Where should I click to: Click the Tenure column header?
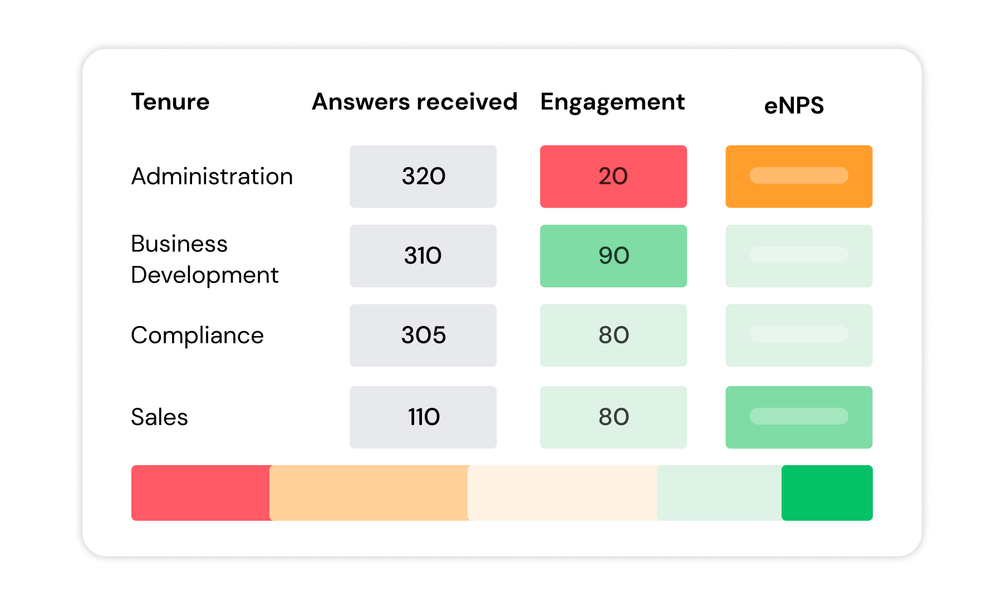coord(170,102)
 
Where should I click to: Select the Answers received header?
coord(415,102)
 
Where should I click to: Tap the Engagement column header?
coord(612,102)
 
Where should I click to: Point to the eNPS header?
coord(794,105)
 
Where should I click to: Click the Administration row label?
coord(212,176)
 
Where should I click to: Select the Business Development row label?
coord(204,259)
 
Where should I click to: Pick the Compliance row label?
coord(197,335)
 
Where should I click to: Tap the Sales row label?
coord(159,417)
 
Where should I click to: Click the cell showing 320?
coord(423,176)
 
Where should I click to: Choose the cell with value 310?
coord(423,256)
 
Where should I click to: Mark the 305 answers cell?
coord(423,335)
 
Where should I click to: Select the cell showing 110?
coord(423,417)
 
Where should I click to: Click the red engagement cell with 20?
coord(613,176)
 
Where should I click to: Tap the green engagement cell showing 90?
coord(613,256)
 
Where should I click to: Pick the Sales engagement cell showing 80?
coord(613,417)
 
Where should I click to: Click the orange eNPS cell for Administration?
coord(799,176)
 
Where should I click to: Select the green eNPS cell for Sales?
coord(799,417)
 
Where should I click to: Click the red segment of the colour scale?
coord(200,493)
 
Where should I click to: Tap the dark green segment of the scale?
coord(827,493)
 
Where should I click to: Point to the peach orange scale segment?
coord(369,493)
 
